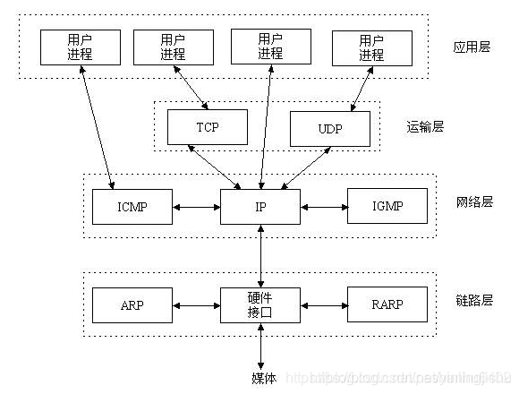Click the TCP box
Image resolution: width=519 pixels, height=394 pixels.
[x=206, y=127]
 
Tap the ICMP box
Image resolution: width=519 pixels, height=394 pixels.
[x=132, y=207]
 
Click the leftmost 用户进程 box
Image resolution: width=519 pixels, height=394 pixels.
[x=79, y=47]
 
